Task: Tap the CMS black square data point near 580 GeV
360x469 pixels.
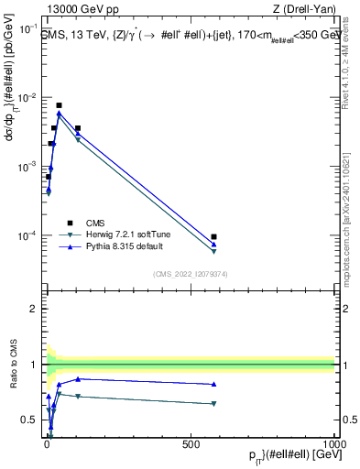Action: (x=213, y=237)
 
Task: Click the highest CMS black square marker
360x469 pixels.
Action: (x=59, y=105)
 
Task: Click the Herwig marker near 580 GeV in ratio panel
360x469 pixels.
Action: (x=213, y=403)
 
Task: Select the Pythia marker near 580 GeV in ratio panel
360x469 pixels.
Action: (x=213, y=385)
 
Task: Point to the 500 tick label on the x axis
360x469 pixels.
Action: (x=191, y=443)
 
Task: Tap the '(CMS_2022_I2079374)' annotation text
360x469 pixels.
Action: (x=190, y=273)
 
